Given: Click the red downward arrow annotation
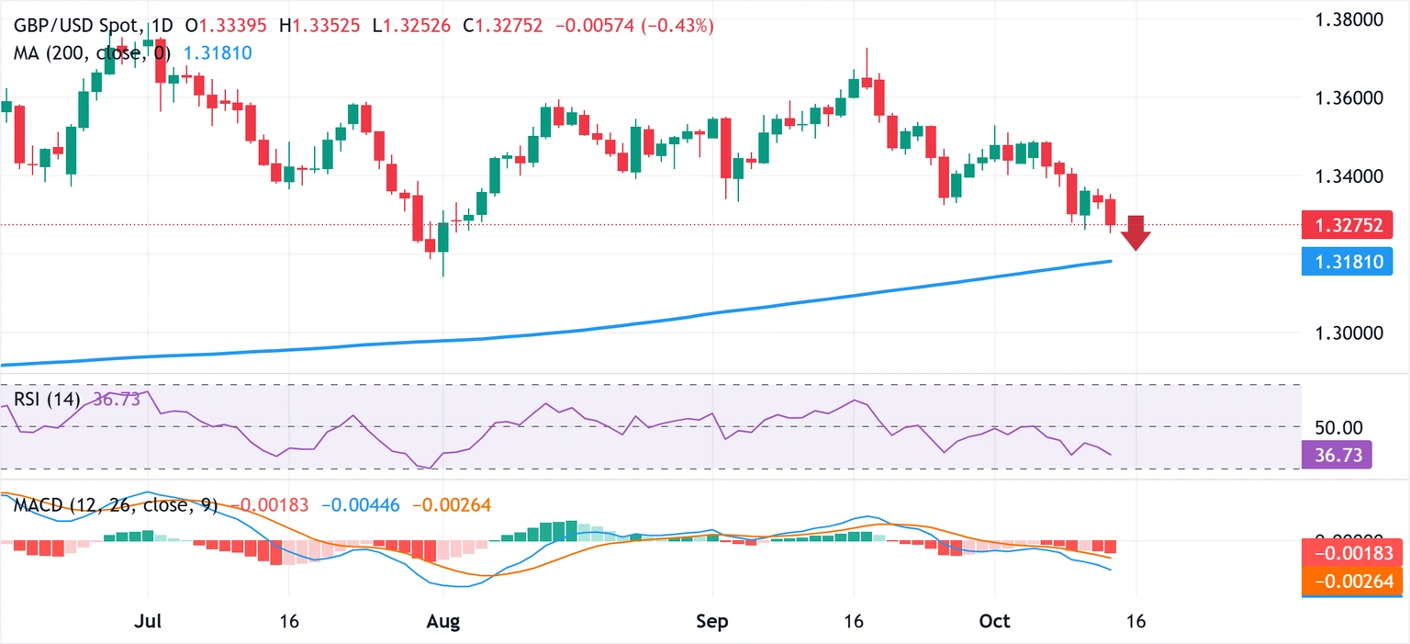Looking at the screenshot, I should [1136, 233].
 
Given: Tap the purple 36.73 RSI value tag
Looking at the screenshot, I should [1336, 454].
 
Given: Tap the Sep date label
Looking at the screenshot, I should [712, 621].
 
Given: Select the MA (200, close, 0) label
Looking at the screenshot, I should [92, 53].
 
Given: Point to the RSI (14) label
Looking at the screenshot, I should [46, 400].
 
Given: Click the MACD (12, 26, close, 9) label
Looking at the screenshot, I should [115, 505].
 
